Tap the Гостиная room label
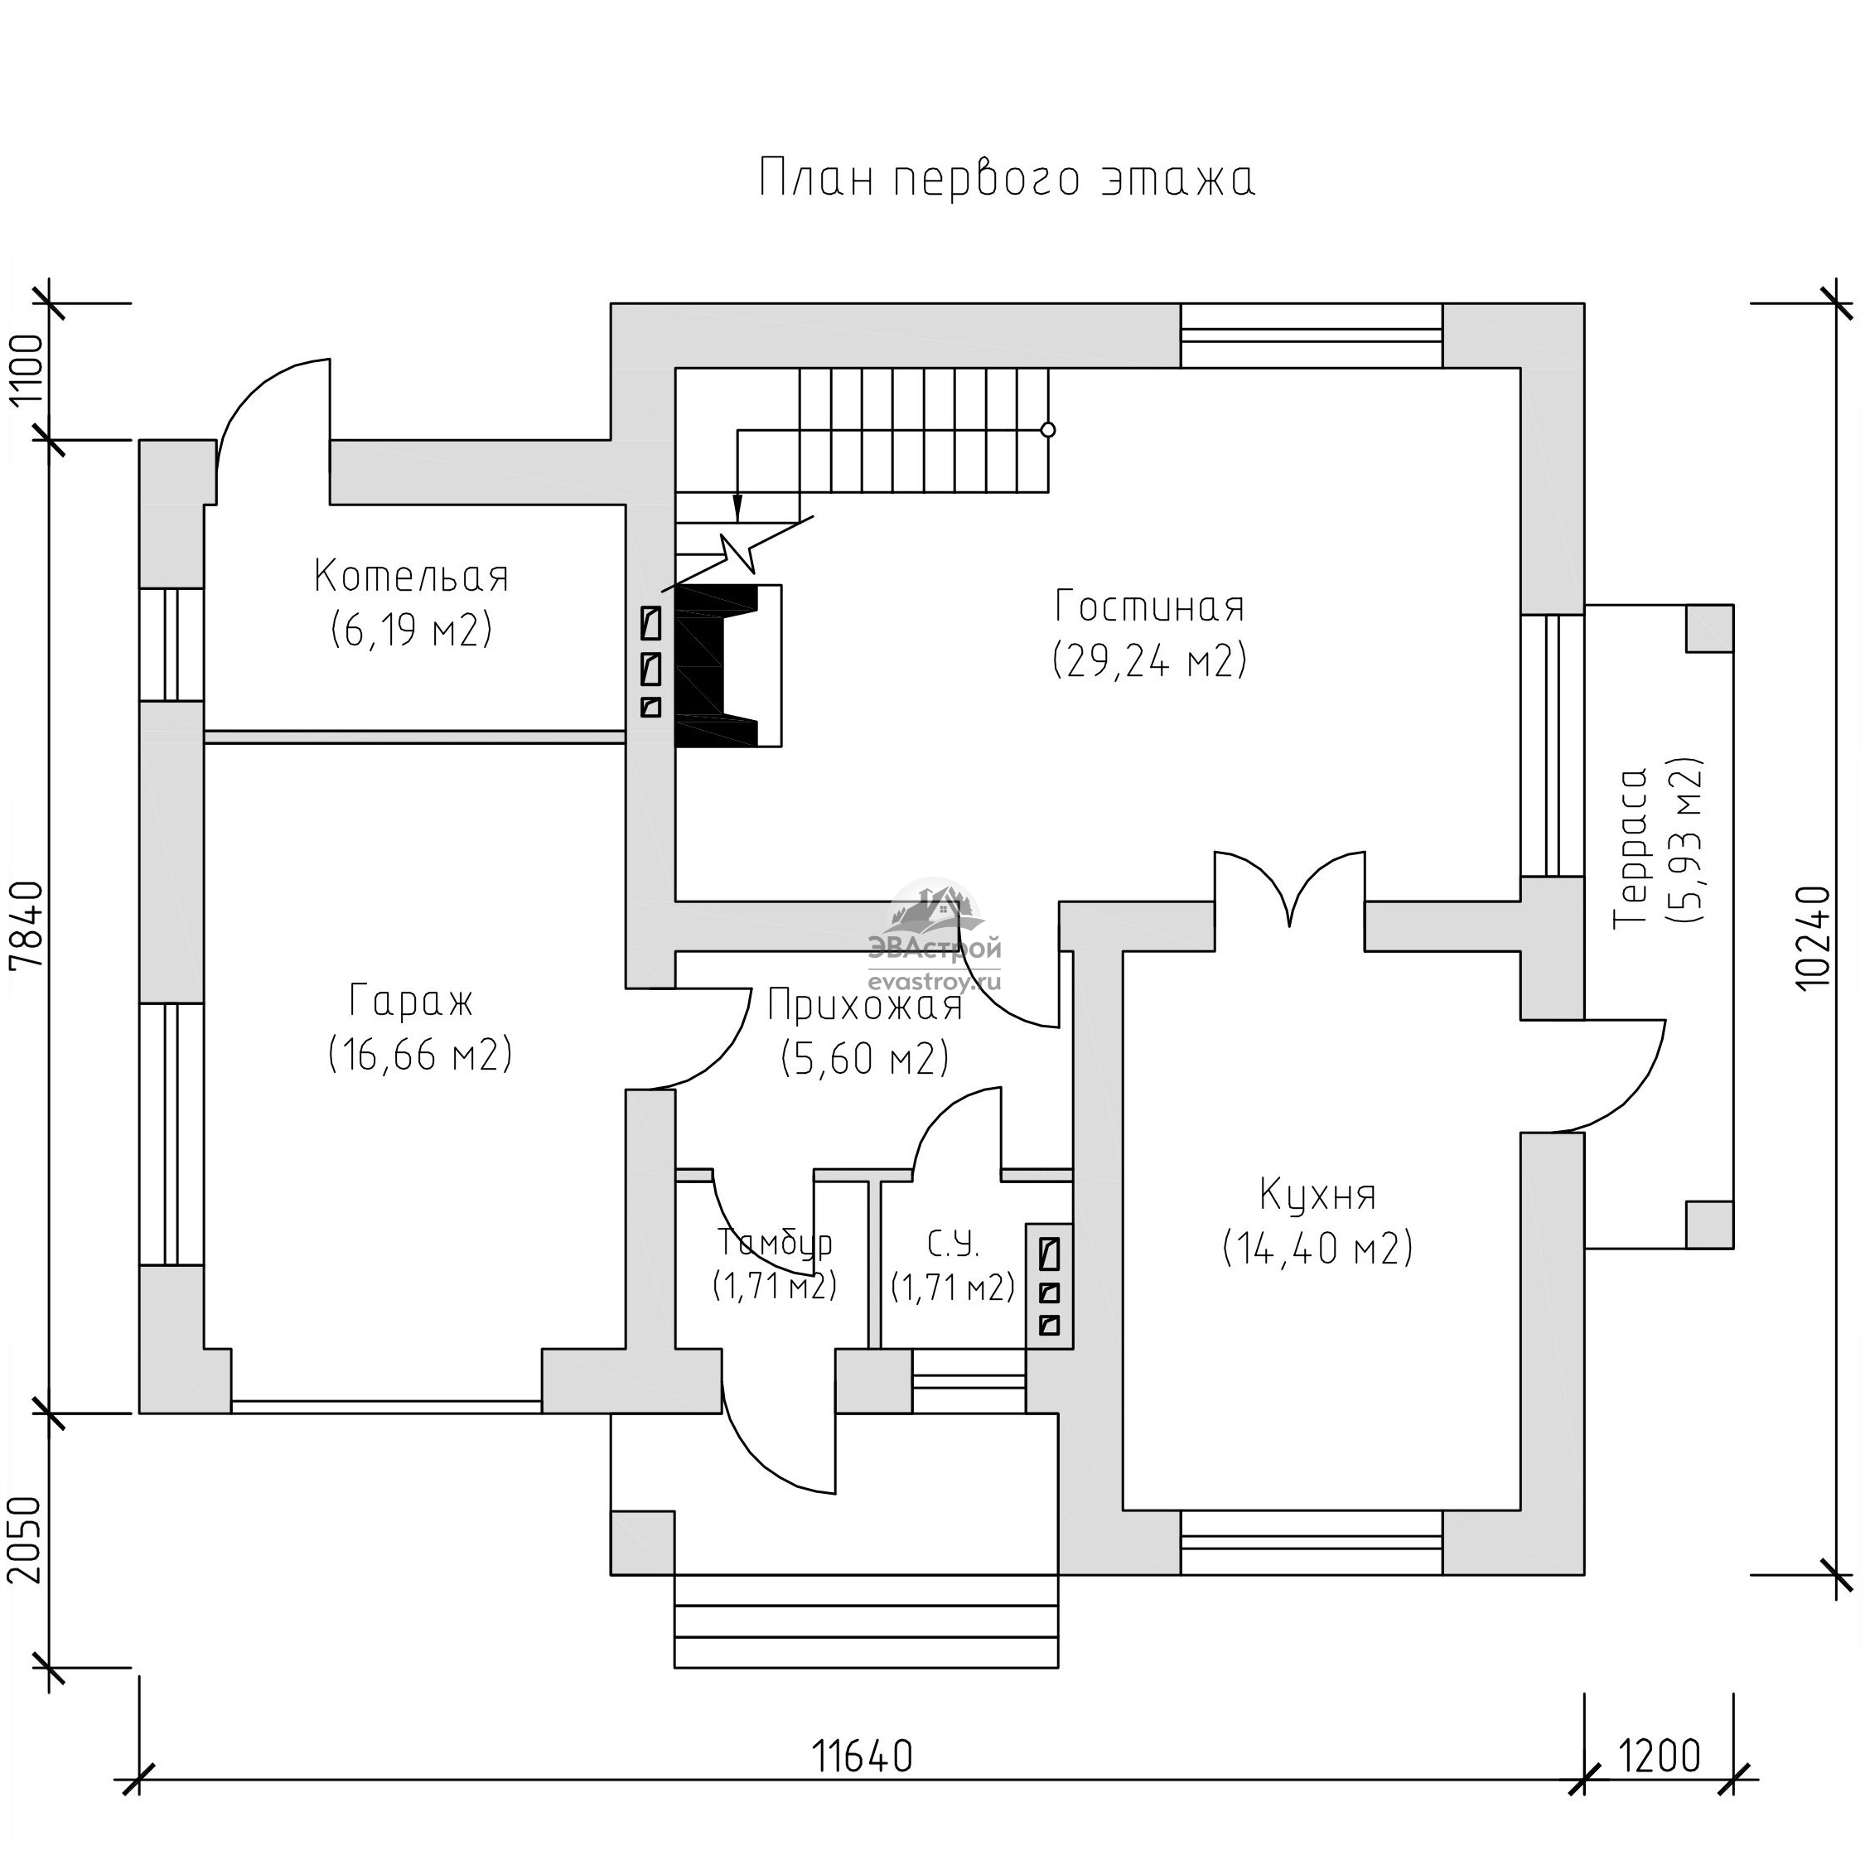1149,606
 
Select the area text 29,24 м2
1149,661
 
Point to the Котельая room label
411,576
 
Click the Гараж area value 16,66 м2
420,1053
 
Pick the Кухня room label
1317,1196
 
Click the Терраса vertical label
1632,847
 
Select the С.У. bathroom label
954,1243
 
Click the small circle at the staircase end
1047,430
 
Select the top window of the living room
1312,336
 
